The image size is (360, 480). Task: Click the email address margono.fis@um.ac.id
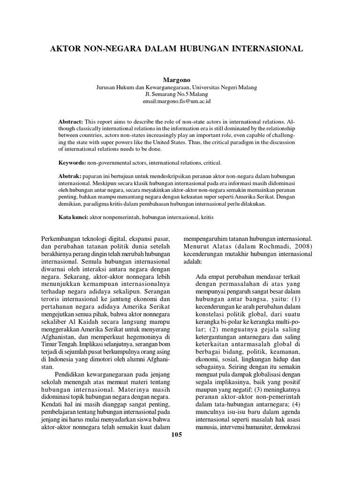(x=180, y=101)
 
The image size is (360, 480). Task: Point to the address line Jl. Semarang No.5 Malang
(x=180, y=94)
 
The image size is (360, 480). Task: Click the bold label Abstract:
(x=70, y=121)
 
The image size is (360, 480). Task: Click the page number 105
(x=176, y=435)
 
